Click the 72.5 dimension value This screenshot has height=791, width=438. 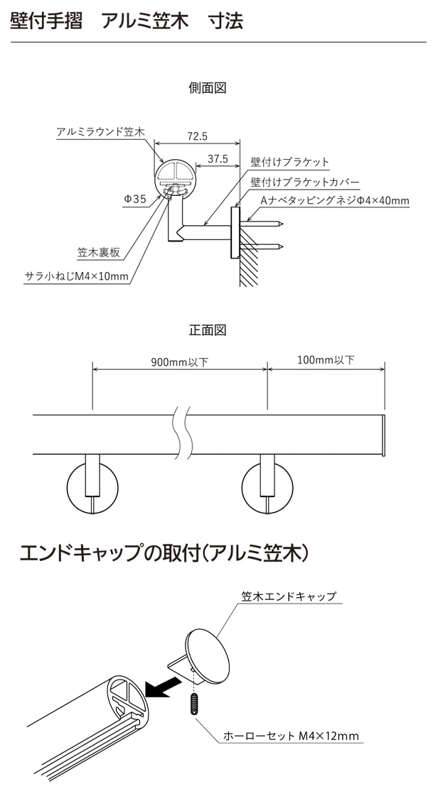pos(197,136)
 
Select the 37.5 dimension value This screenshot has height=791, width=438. pos(217,160)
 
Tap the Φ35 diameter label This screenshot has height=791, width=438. pos(134,200)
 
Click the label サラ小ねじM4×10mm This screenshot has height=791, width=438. pos(76,276)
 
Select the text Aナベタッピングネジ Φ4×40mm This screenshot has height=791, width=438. pos(335,201)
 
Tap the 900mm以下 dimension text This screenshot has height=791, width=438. pos(179,361)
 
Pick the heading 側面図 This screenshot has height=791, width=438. pos(207,88)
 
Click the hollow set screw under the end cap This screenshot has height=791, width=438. pos(193,704)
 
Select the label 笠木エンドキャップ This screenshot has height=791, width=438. pos(298,596)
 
